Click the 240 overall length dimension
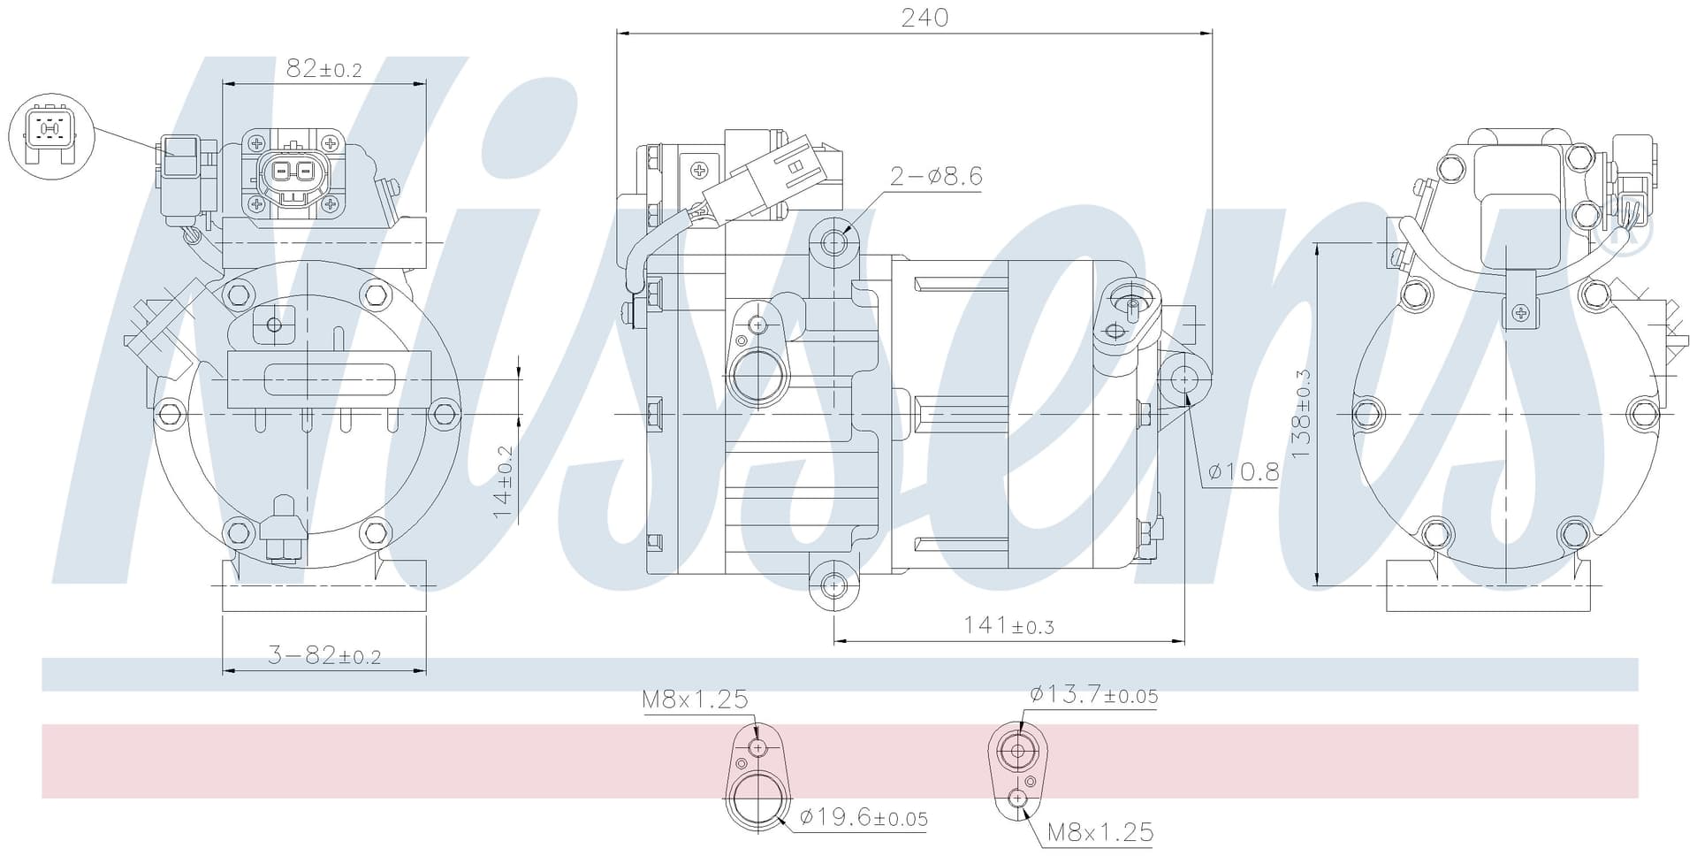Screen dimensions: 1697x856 [x=925, y=18]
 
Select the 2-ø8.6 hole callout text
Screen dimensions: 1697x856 [x=936, y=176]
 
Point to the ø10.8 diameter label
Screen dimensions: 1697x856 [x=1244, y=472]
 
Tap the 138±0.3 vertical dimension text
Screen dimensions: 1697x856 [x=1301, y=414]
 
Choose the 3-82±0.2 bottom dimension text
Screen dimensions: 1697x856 [x=323, y=655]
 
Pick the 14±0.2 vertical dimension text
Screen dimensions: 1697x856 [x=503, y=481]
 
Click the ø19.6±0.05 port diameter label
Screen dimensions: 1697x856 [x=864, y=818]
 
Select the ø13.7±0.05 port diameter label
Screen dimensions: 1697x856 [x=1093, y=695]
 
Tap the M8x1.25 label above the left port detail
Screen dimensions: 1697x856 [x=695, y=699]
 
